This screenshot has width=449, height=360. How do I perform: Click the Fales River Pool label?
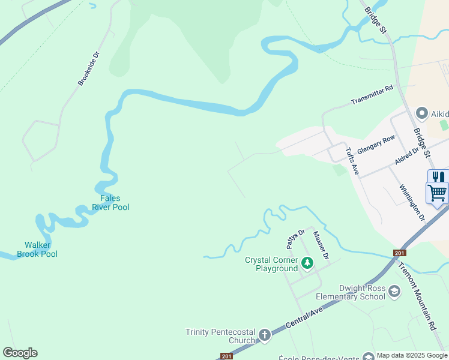(110, 203)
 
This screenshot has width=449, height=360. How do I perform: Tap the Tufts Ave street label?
(352, 161)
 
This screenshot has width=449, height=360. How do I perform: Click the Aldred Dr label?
(406, 154)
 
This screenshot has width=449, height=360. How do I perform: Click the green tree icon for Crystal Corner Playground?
(307, 263)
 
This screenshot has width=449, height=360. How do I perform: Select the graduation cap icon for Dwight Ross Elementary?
(394, 292)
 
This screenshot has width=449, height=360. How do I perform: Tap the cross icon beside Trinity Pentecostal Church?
(265, 335)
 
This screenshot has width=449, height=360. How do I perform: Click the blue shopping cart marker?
(438, 193)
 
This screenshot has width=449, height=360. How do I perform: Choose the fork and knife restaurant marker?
(438, 178)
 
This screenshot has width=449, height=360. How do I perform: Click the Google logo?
(20, 353)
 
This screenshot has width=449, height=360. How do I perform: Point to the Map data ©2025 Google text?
(411, 356)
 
